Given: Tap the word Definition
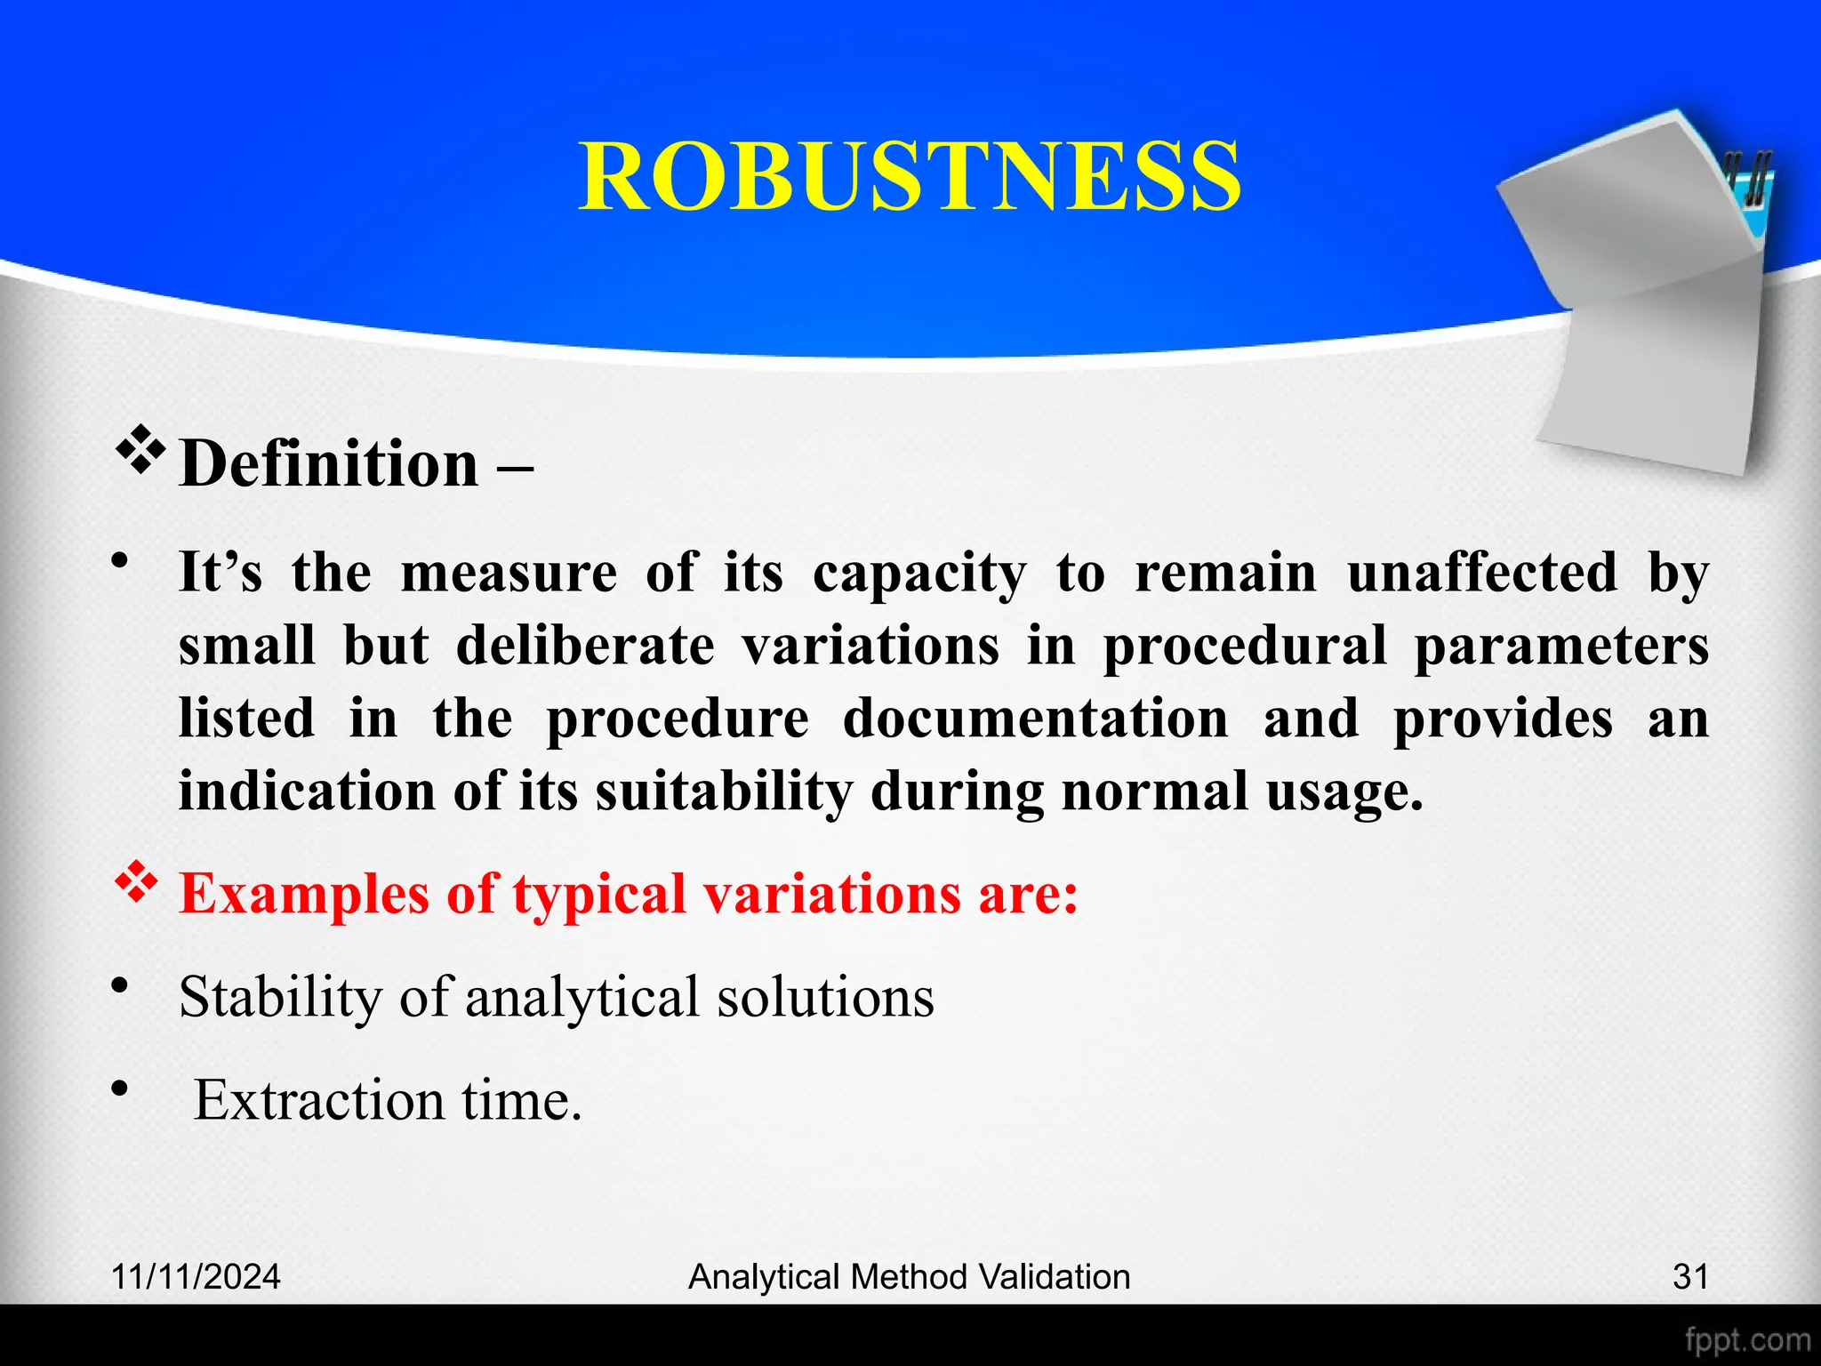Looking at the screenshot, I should pos(329,464).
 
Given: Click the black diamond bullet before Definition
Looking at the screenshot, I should pos(140,449).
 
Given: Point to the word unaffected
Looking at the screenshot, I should pos(1482,572).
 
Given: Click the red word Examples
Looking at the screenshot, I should pos(304,895).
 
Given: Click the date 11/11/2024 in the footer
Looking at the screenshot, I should pos(196,1277).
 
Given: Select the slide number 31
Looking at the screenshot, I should pos(1690,1277).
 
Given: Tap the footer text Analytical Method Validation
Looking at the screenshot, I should pos(910,1277).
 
